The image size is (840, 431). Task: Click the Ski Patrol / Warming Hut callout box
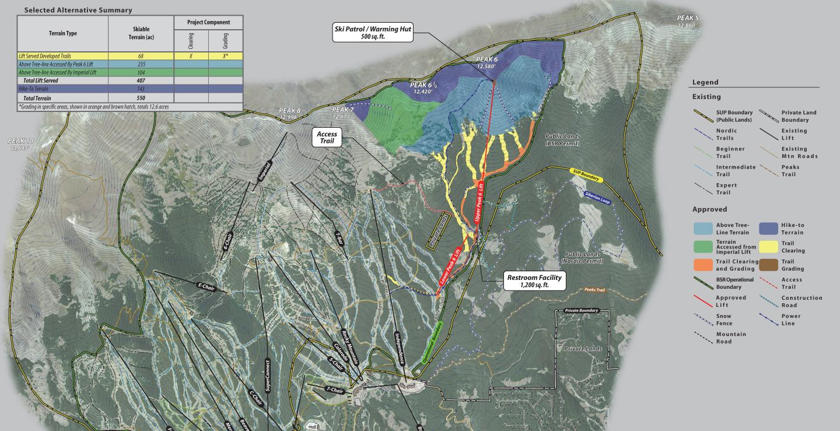coord(373,33)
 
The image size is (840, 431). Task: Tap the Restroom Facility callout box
coord(534,282)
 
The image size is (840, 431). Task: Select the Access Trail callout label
coord(327,138)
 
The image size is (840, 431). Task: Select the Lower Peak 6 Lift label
coord(450,267)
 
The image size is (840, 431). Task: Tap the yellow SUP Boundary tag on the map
coord(585,174)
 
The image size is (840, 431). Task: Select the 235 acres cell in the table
coord(141,64)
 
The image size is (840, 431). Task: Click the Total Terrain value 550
coord(141,99)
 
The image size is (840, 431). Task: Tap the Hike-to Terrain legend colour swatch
coord(768,229)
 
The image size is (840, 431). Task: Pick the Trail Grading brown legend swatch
coord(768,265)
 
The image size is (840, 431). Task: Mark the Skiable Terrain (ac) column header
coord(141,33)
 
